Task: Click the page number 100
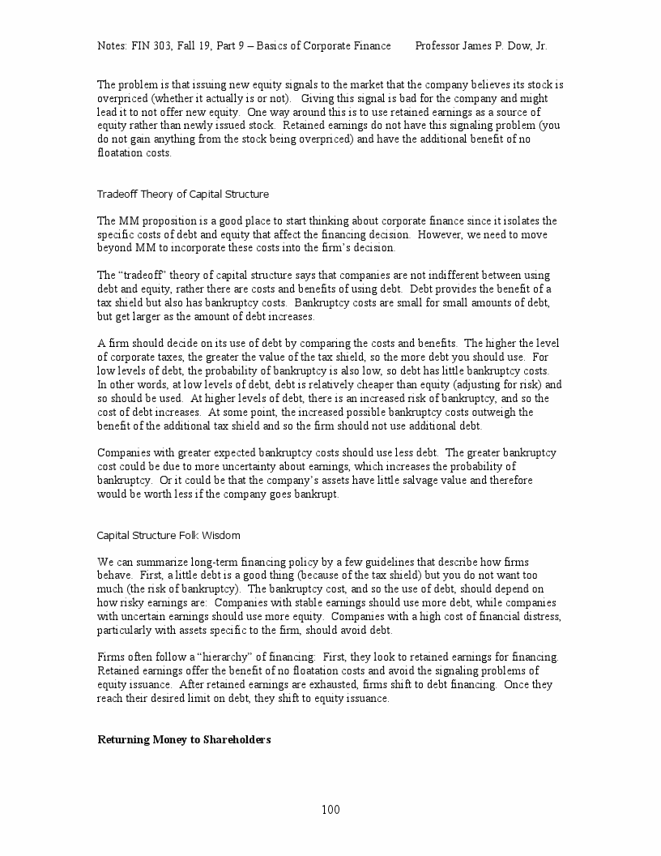click(330, 810)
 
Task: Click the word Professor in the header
click(441, 46)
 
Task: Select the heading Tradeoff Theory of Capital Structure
click(182, 195)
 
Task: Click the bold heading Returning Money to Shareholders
click(184, 740)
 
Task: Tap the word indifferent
click(425, 276)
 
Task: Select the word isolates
click(519, 221)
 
